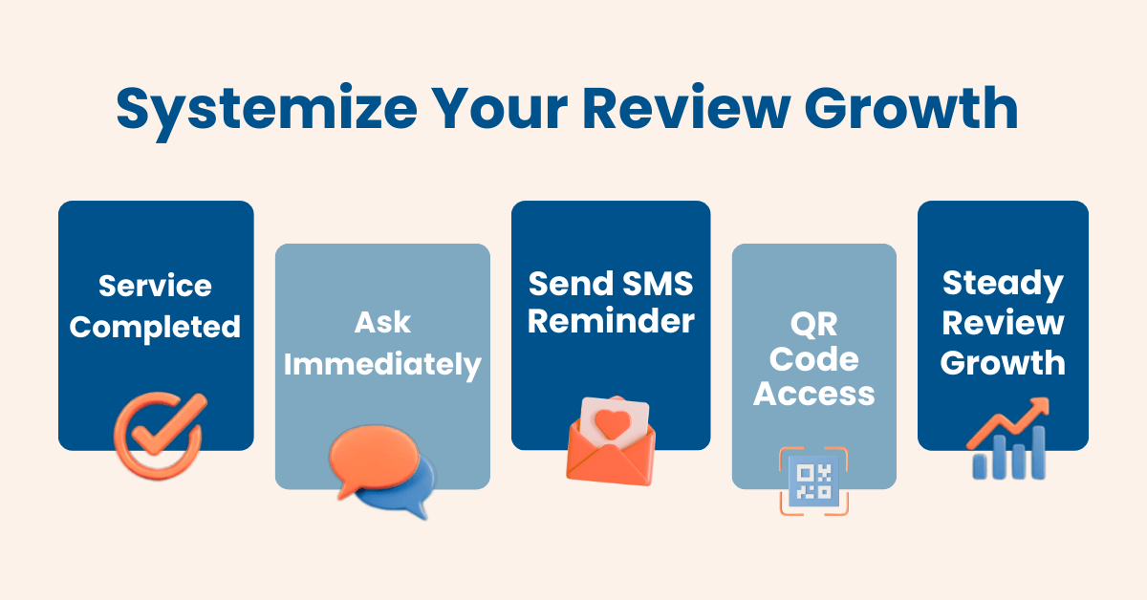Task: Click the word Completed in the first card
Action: [x=156, y=328]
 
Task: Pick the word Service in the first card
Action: [x=156, y=286]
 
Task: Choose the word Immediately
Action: [x=382, y=365]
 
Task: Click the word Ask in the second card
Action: [x=382, y=323]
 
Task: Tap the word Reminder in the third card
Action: [x=611, y=322]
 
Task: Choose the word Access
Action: [x=813, y=394]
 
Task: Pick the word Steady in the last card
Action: [x=1002, y=284]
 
